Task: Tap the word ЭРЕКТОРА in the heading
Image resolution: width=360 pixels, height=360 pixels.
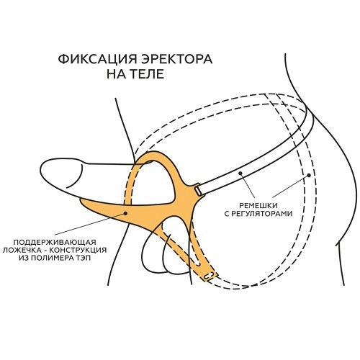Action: pyautogui.click(x=176, y=59)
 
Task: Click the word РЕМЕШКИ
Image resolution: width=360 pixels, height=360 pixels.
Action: pyautogui.click(x=258, y=205)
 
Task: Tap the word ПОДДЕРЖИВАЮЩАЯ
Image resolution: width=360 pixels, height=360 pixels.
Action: pyautogui.click(x=55, y=242)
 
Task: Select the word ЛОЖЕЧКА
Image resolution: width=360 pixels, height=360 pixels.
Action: pyautogui.click(x=22, y=250)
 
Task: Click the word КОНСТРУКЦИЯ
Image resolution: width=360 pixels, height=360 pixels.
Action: pyautogui.click(x=78, y=250)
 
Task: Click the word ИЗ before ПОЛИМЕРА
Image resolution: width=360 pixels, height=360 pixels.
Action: pyautogui.click(x=24, y=258)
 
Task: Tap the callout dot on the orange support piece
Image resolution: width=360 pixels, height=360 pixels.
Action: pyautogui.click(x=125, y=212)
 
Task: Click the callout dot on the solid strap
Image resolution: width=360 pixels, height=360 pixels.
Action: pyautogui.click(x=240, y=173)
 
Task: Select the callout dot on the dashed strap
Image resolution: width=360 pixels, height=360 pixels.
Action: pyautogui.click(x=309, y=176)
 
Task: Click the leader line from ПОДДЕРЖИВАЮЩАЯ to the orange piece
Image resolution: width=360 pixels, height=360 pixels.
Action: pyautogui.click(x=90, y=224)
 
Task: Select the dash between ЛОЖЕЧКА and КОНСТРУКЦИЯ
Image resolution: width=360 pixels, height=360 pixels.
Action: pyautogui.click(x=45, y=250)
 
